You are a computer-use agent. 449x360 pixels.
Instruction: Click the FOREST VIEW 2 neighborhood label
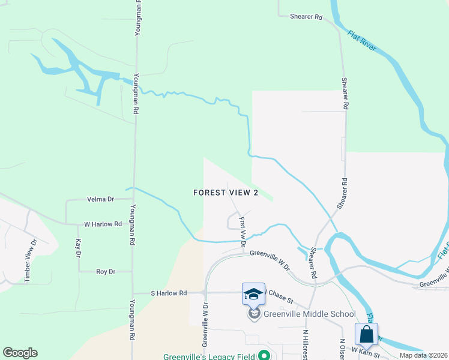tap(226, 193)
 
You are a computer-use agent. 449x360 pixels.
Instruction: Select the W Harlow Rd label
tap(103, 224)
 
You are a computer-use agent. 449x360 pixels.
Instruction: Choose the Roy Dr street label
tap(105, 272)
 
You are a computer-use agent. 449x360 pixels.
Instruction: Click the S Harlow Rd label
tap(169, 293)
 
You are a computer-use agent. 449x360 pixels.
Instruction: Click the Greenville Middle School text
tap(309, 314)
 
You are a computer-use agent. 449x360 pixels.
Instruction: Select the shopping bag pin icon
tap(366, 335)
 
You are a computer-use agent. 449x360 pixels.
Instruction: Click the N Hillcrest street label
tap(305, 344)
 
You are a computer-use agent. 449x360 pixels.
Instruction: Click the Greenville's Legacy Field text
tap(208, 356)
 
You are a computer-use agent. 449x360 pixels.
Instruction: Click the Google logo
tap(20, 353)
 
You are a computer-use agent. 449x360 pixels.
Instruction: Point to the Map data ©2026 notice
tap(423, 355)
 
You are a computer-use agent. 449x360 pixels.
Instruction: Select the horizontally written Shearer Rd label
tap(306, 17)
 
